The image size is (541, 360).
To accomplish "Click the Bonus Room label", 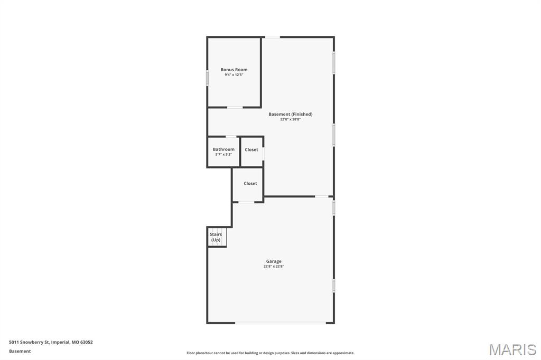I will point(234,70).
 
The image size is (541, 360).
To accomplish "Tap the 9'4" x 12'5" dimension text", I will point(234,75).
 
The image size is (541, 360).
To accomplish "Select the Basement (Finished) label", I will point(290,114).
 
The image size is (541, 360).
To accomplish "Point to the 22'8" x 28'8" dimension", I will point(290,119).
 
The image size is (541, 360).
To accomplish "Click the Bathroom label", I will point(223,149).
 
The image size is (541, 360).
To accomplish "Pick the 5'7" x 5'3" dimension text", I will point(223,155).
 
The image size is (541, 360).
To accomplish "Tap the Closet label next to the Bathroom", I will point(251,150).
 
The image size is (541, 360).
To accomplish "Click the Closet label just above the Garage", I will point(250,184).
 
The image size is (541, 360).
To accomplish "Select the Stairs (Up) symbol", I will point(216,237).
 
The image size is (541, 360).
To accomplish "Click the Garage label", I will point(274,261).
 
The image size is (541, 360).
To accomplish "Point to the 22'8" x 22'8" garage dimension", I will point(274,267).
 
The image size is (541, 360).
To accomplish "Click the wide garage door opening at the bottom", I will point(284,323).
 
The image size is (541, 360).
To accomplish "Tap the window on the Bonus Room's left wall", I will point(207,78).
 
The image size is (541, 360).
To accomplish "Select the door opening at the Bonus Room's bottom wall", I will point(235,108).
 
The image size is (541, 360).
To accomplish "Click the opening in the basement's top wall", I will point(272,37).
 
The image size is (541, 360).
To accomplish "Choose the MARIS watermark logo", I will point(512,349).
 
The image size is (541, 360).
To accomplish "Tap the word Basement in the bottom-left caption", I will point(20,351).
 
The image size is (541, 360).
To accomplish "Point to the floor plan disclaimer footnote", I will point(270,353).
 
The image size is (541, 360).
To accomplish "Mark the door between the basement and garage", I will point(321,196).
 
